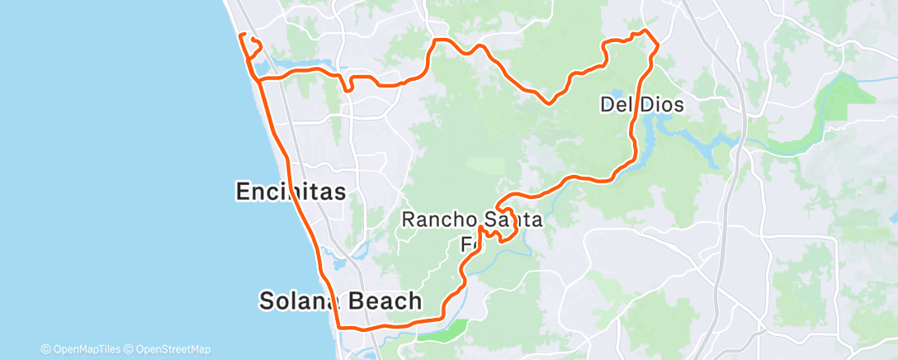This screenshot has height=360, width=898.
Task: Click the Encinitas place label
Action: [291, 192]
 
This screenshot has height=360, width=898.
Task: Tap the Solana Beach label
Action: [340, 301]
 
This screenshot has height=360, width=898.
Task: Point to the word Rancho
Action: [437, 220]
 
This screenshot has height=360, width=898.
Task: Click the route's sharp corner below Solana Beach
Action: [339, 327]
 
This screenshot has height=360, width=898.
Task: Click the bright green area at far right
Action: [850, 91]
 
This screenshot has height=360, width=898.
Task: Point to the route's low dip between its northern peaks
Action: [549, 102]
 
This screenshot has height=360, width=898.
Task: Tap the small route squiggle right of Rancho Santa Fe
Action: [505, 234]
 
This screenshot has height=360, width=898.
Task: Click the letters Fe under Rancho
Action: [469, 245]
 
